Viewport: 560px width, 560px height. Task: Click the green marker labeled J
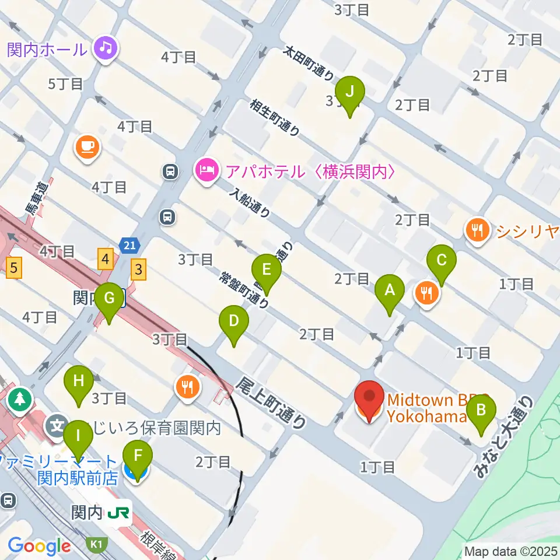(350, 93)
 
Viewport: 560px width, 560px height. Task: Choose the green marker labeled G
(109, 299)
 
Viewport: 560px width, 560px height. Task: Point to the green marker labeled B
(481, 411)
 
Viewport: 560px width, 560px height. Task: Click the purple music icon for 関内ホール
(106, 47)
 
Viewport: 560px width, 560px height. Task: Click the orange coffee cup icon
(87, 146)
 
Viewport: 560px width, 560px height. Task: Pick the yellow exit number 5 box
(14, 269)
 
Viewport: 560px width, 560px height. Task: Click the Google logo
(39, 546)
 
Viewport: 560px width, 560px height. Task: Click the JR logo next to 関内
(120, 513)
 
